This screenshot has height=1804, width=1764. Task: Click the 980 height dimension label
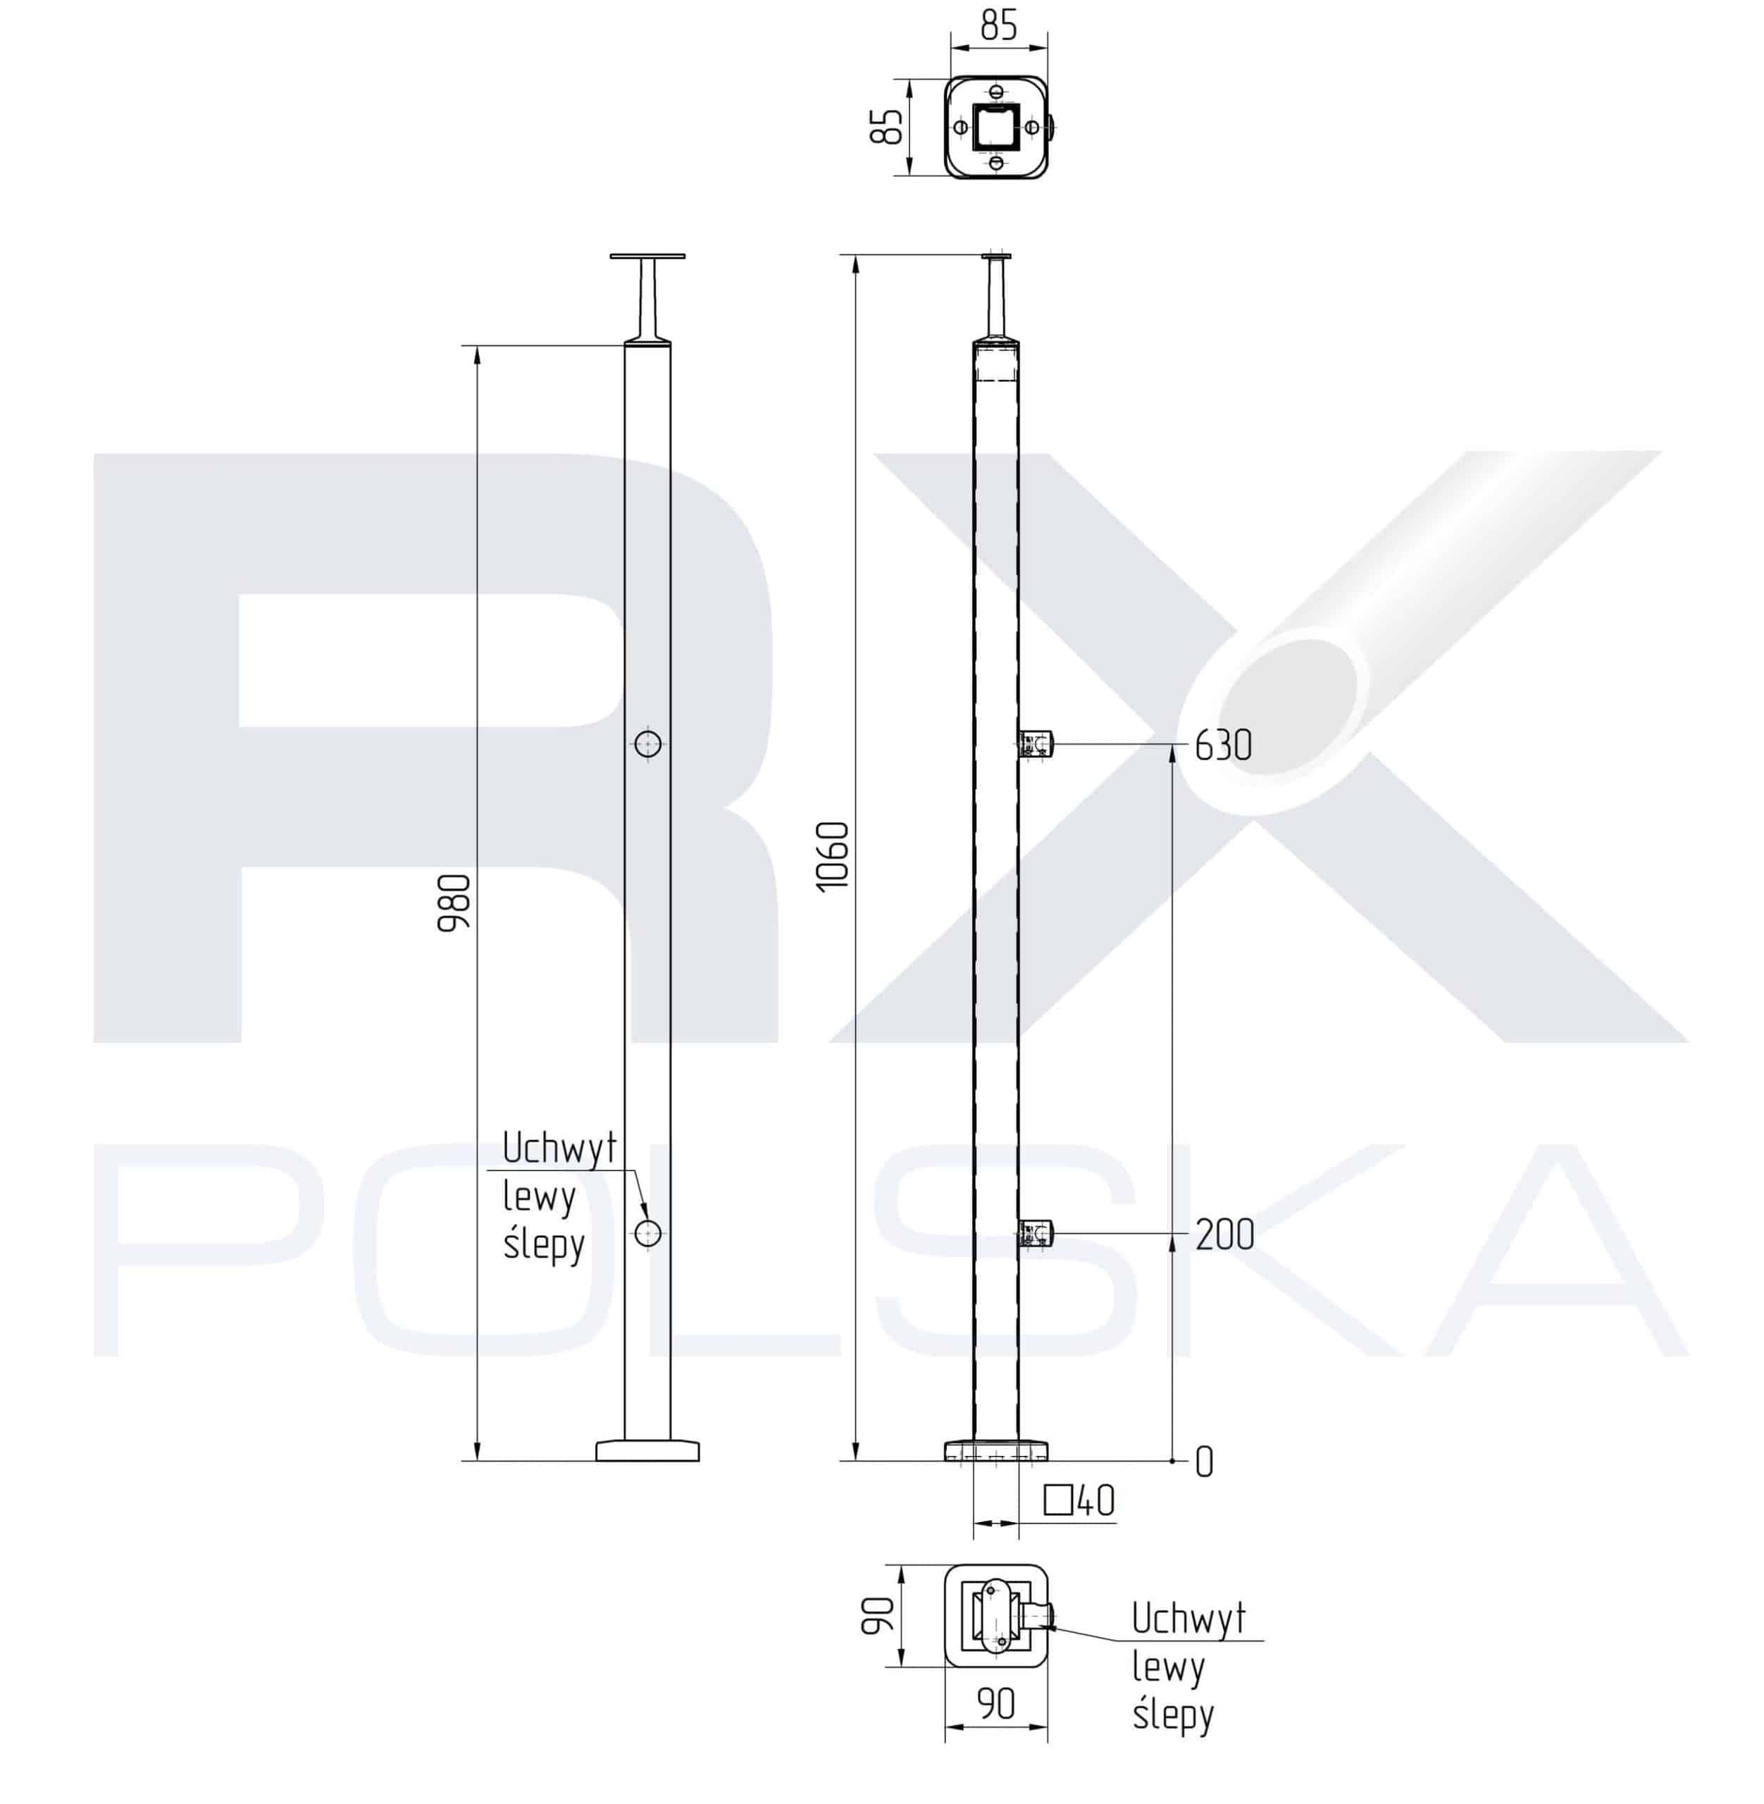pos(454,903)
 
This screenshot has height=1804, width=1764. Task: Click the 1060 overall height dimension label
pos(832,857)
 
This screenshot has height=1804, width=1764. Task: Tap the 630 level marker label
pos(1223,746)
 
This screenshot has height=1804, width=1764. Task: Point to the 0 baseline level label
pos(1205,1463)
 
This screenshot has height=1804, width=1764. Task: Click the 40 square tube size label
pos(1096,1501)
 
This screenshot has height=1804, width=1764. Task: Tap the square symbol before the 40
pos(1058,1500)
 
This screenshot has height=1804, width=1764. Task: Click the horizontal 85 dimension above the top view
pos(999,25)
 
